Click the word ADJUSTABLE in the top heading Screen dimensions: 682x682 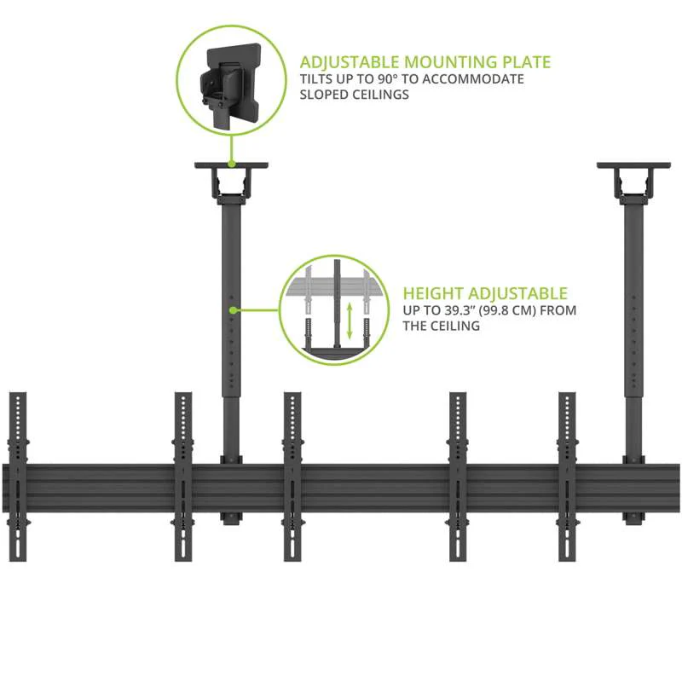point(349,62)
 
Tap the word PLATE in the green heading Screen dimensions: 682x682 point(522,62)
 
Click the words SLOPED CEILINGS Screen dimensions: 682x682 point(355,95)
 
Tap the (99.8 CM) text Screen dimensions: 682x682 point(508,311)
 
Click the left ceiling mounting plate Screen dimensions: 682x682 point(232,166)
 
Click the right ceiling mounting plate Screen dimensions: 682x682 point(633,166)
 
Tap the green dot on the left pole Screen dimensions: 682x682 point(232,309)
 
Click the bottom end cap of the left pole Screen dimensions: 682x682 point(232,517)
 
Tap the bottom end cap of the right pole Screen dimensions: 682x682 point(633,517)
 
